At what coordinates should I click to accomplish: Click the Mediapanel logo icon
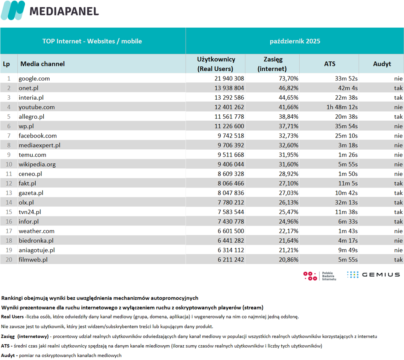pyautogui.click(x=13, y=10)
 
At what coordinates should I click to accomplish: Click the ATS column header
pyautogui.click(x=329, y=64)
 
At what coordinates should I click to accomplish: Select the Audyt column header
pyautogui.click(x=382, y=64)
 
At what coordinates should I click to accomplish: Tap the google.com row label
pyautogui.click(x=34, y=79)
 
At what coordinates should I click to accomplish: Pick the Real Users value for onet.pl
pyautogui.click(x=229, y=88)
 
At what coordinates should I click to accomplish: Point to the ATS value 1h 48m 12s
pyautogui.click(x=342, y=107)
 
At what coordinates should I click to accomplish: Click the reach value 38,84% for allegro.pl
pyautogui.click(x=288, y=117)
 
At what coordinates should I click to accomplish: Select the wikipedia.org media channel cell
pyautogui.click(x=37, y=164)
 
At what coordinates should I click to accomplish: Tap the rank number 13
pyautogui.click(x=9, y=193)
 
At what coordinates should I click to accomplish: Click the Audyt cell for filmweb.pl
pyautogui.click(x=398, y=260)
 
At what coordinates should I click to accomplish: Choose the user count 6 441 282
pyautogui.click(x=231, y=240)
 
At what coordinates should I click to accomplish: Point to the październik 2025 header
pyautogui.click(x=295, y=41)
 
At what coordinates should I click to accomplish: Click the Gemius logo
pyautogui.click(x=374, y=275)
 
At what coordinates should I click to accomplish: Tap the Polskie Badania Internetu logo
pyautogui.click(x=320, y=276)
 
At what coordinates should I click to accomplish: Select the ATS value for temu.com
pyautogui.click(x=348, y=155)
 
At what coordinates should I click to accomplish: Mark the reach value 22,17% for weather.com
pyautogui.click(x=288, y=231)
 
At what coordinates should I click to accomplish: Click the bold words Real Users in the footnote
pyautogui.click(x=12, y=317)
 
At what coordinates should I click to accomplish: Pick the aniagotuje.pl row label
pyautogui.click(x=37, y=250)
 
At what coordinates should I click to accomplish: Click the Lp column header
pyautogui.click(x=7, y=64)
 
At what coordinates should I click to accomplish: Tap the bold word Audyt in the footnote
pyautogui.click(x=8, y=356)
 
